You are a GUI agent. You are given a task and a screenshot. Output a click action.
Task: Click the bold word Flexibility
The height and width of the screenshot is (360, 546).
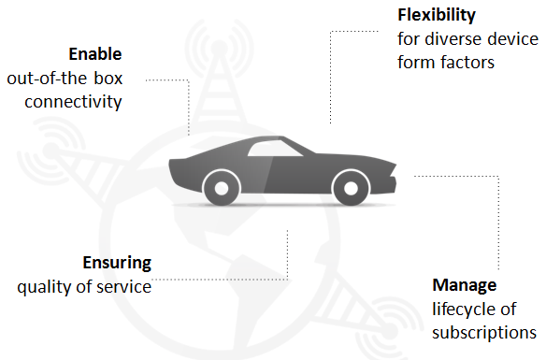[x=437, y=15]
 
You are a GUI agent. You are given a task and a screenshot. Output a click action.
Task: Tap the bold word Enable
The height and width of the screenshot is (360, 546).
[x=95, y=54]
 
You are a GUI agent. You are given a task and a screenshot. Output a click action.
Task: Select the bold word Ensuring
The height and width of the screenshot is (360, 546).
[x=117, y=263]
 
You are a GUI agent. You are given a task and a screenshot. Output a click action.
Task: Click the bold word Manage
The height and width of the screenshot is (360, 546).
[x=464, y=285]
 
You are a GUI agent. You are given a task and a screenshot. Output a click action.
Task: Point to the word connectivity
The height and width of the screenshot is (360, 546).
[x=73, y=102]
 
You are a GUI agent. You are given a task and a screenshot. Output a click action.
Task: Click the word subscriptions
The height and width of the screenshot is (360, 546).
[x=484, y=333]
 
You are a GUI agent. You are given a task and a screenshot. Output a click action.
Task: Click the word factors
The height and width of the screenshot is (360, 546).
[x=467, y=63]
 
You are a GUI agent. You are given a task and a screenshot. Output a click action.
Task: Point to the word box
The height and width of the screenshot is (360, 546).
[x=108, y=78]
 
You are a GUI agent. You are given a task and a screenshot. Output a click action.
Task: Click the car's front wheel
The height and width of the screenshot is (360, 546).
[x=351, y=188]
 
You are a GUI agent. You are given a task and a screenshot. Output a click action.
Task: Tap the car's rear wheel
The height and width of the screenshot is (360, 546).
[x=222, y=188]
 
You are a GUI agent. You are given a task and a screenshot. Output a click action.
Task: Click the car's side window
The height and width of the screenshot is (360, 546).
[x=275, y=149]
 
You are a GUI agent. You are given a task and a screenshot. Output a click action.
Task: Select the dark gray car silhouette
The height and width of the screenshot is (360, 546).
[x=282, y=170]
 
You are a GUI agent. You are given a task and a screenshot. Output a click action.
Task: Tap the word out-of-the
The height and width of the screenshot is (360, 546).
[x=47, y=78]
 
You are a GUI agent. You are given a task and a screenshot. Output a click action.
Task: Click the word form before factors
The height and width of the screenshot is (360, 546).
[x=416, y=63]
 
